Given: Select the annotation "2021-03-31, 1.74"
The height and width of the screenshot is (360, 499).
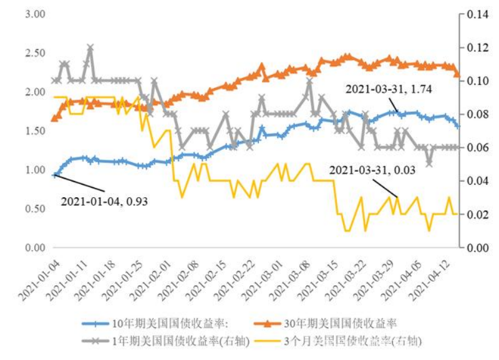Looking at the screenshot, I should tap(389, 89).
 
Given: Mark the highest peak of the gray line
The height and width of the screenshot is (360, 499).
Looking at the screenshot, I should tap(90, 47).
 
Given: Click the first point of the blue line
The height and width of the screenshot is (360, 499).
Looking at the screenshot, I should tap(54, 175).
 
